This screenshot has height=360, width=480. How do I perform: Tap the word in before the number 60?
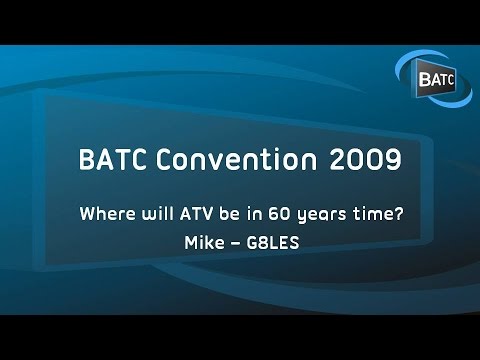click(258, 214)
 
